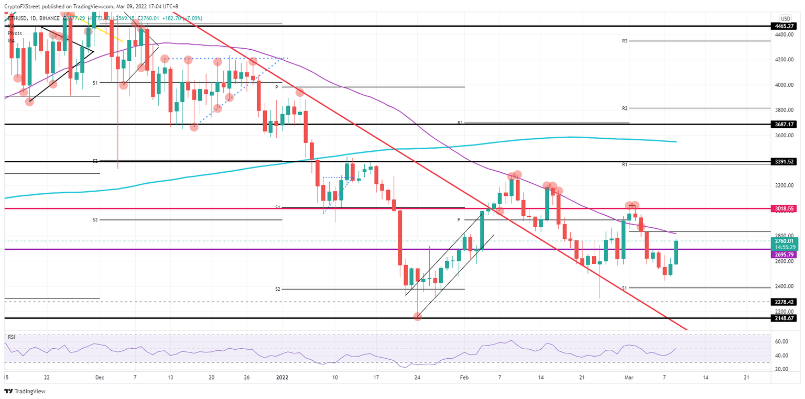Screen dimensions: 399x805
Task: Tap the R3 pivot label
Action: [x=625, y=41]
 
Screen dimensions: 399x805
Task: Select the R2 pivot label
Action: [x=625, y=108]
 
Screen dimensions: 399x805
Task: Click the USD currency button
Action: [x=785, y=18]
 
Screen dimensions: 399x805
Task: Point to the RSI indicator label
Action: [x=12, y=337]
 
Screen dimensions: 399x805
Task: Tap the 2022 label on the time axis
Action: [x=282, y=376]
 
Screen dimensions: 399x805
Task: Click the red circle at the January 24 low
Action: [x=418, y=316]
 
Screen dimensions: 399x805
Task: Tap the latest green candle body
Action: [x=676, y=252]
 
